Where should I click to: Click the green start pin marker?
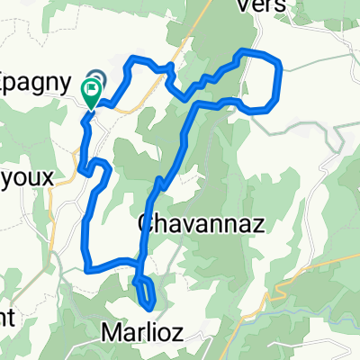pos(92,91)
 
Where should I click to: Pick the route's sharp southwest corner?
pos(87,265)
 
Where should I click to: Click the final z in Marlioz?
pos(177,333)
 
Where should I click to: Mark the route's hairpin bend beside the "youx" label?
pos(83,167)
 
